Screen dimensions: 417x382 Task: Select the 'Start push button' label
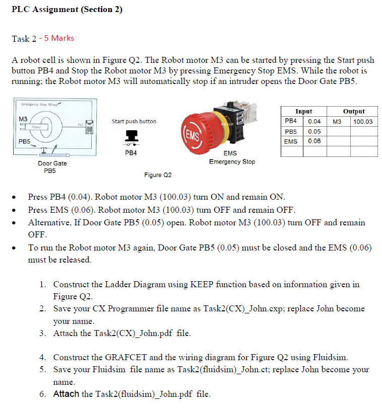[134, 121]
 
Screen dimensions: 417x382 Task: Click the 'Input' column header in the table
[303, 112]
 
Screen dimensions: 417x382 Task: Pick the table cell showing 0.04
[314, 122]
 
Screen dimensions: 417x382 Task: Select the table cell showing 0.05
[314, 131]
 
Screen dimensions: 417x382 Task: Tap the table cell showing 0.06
[314, 141]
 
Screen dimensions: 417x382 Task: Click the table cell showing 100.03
[363, 122]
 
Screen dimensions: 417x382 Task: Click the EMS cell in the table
[291, 141]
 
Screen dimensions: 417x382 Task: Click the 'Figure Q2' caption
[158, 175]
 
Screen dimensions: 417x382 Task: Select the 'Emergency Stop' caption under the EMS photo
[232, 162]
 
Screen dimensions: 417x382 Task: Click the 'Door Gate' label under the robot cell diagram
[52, 163]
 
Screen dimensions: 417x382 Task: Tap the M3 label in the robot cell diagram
[23, 118]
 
